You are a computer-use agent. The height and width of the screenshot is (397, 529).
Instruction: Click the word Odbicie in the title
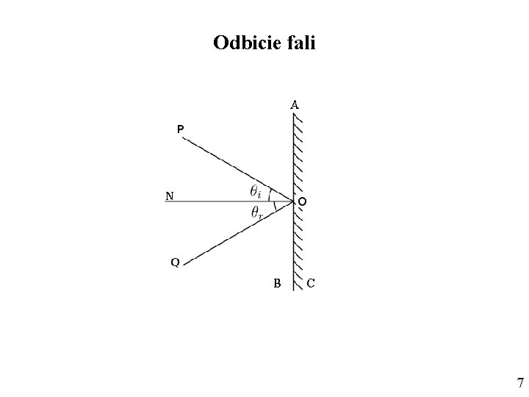click(243, 43)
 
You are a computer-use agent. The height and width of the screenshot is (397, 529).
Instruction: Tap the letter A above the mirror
click(294, 105)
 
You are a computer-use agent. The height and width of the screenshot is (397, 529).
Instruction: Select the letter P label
click(180, 129)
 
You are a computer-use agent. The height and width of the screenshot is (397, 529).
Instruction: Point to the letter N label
click(170, 196)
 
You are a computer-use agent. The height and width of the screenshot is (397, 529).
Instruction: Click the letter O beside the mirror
click(302, 201)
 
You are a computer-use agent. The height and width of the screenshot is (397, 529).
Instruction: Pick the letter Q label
click(175, 262)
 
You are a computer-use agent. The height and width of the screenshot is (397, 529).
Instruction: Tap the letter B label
click(277, 282)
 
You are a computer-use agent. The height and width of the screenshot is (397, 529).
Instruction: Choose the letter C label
click(311, 282)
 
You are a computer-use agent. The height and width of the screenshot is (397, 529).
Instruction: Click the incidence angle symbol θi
click(257, 192)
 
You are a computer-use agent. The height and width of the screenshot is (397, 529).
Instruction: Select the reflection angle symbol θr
click(257, 213)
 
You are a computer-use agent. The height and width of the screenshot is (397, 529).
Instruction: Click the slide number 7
click(520, 382)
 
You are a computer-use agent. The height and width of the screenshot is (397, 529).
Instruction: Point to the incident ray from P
click(228, 165)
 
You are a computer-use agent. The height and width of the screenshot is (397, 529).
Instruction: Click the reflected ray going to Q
click(228, 235)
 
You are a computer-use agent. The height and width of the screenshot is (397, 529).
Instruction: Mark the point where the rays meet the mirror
click(293, 200)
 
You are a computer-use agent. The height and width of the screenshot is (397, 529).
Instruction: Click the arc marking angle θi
click(270, 193)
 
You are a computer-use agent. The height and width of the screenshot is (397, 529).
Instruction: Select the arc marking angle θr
click(273, 209)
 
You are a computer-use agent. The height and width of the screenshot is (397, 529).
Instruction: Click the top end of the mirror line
click(293, 116)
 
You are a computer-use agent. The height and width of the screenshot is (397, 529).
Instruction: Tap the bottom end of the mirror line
click(293, 289)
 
